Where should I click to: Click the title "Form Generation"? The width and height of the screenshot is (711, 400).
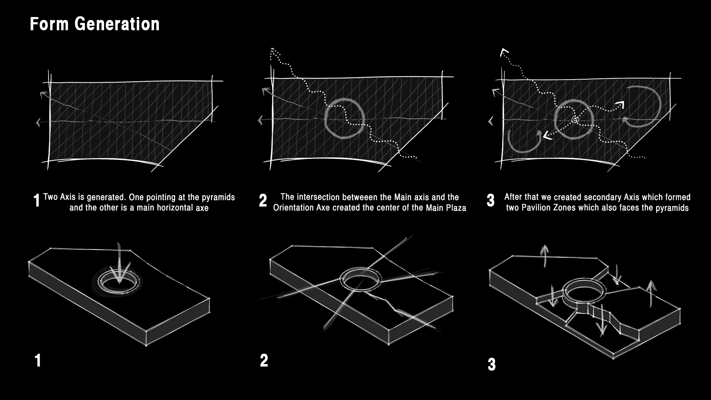click(x=94, y=24)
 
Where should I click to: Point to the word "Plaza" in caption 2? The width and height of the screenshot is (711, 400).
click(x=456, y=208)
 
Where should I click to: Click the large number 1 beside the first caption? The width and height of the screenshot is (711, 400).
click(x=36, y=201)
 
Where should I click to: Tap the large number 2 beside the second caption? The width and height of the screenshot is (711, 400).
click(x=263, y=200)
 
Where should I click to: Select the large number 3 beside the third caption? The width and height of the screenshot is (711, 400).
click(x=491, y=200)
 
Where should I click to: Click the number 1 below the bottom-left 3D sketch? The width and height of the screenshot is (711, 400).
click(x=37, y=360)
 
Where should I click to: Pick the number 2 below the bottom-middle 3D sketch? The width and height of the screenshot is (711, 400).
click(x=264, y=360)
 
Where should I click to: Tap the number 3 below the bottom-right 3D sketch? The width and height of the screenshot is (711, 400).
click(x=492, y=364)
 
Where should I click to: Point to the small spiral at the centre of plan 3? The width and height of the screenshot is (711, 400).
click(x=575, y=119)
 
